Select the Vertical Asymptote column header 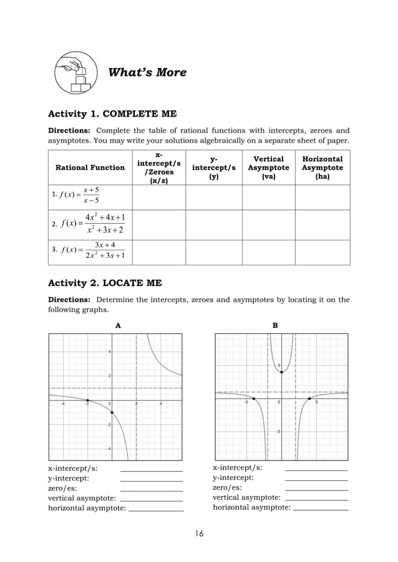[268, 168]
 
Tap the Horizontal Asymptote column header [322, 168]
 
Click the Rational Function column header [90, 168]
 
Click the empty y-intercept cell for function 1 [213, 197]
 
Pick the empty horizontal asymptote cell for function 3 [322, 252]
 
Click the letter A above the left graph [119, 325]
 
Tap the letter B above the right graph [275, 325]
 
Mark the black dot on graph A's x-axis [87, 400]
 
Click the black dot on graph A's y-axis [112, 412]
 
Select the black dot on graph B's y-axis [282, 372]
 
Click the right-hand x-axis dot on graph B [310, 398]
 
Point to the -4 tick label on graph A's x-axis [62, 404]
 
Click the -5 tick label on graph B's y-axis [278, 431]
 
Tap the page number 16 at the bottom [199, 533]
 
